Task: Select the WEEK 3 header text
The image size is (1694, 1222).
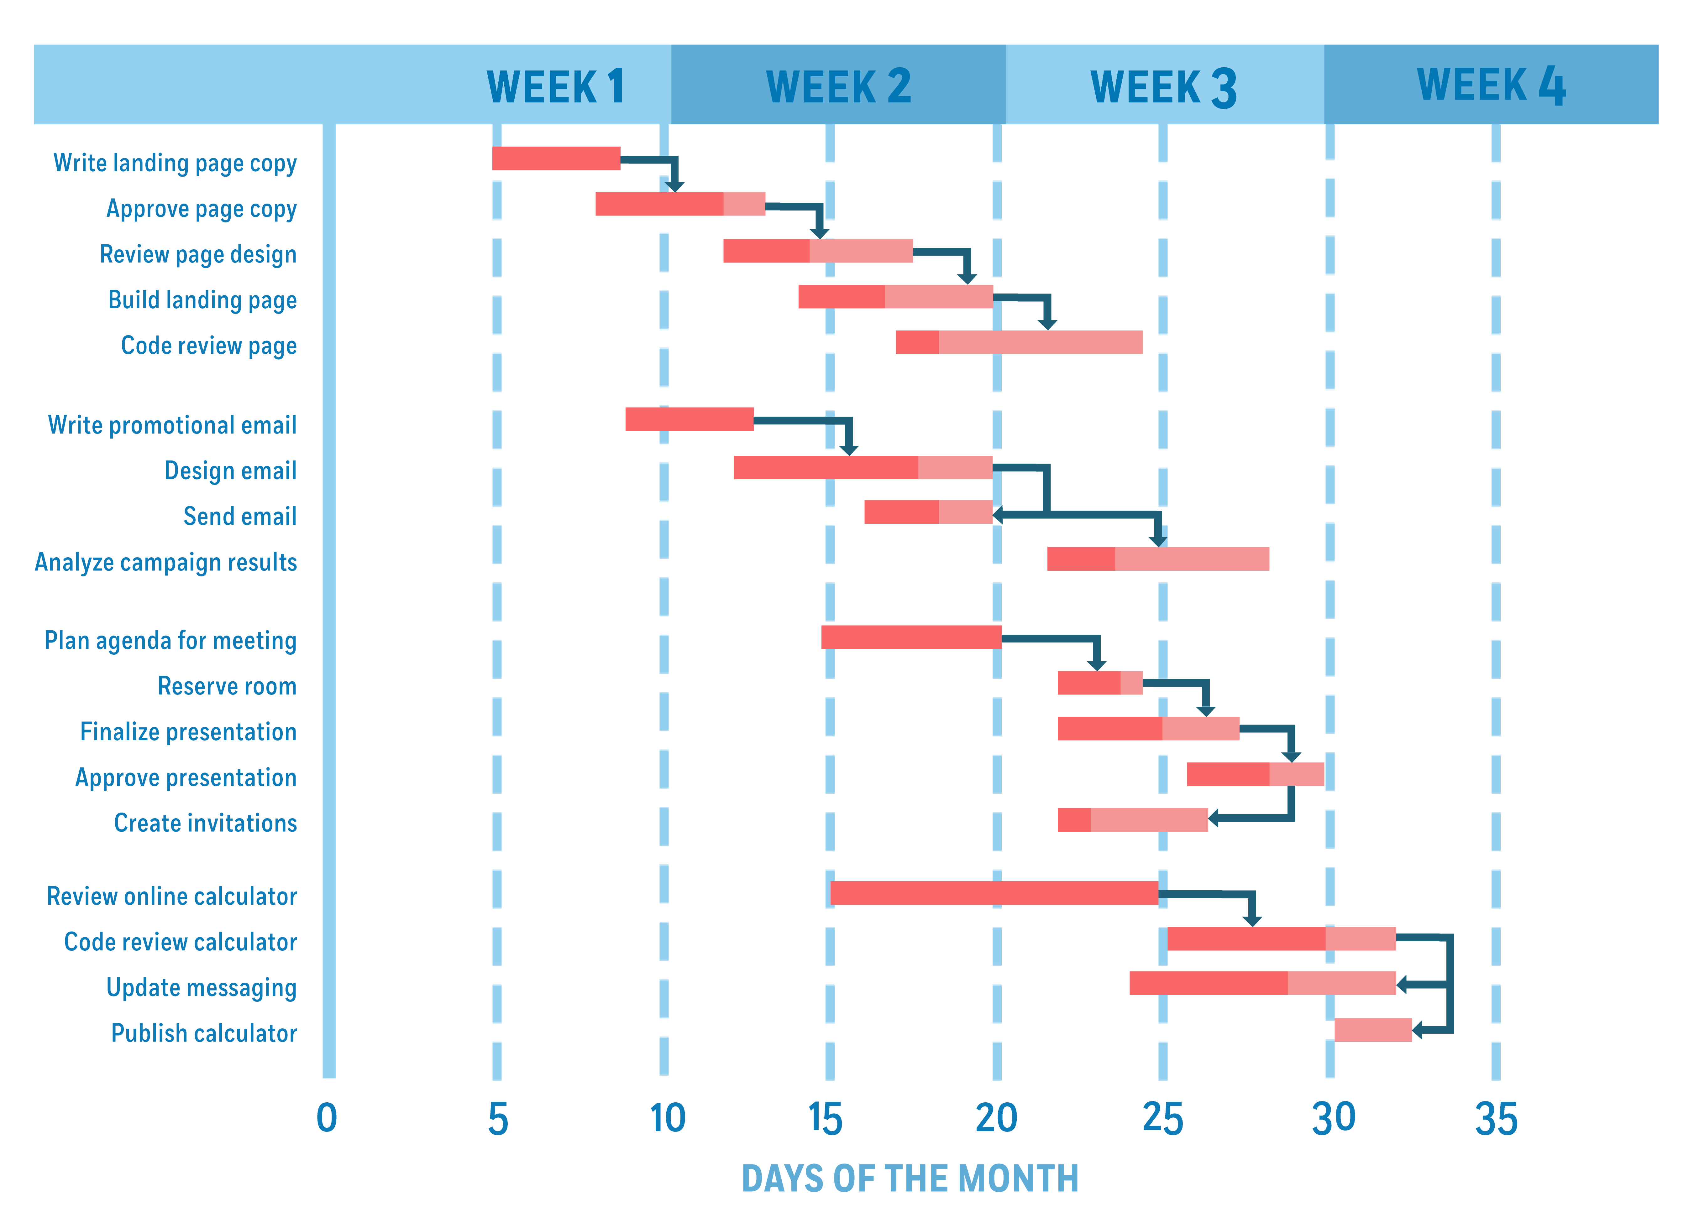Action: [x=1163, y=87]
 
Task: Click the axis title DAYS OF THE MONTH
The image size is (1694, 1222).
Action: [x=910, y=1179]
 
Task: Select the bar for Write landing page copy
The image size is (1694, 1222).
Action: [x=556, y=158]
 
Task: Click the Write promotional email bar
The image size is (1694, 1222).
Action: [x=689, y=419]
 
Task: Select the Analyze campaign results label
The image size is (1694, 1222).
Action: [x=166, y=562]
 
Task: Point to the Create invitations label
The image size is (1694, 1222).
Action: [x=205, y=823]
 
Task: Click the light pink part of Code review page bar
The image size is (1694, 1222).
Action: [x=1040, y=342]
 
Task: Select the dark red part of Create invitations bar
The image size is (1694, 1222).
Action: [x=1073, y=820]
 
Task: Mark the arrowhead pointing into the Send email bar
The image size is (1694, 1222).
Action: [x=998, y=514]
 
